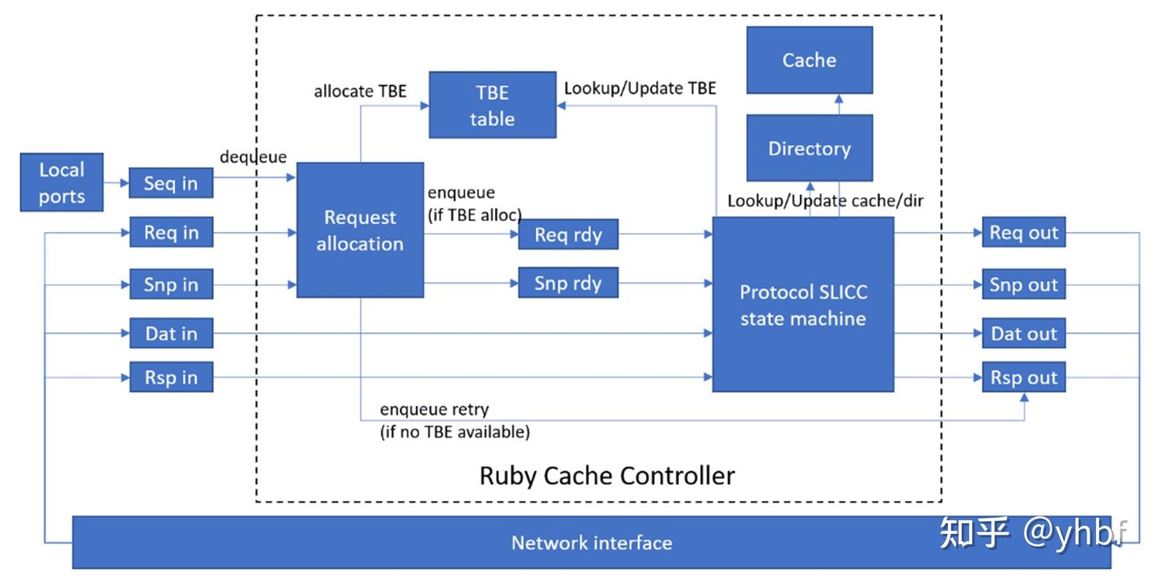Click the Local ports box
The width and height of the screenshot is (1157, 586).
(62, 182)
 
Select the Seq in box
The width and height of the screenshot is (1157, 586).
(171, 183)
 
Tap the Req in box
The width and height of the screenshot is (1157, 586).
(171, 233)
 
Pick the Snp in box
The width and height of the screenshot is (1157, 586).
(171, 284)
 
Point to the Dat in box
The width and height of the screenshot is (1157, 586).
(171, 333)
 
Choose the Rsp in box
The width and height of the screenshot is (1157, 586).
(171, 377)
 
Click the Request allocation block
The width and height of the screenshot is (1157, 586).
(360, 230)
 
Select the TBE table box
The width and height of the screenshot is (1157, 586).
(492, 105)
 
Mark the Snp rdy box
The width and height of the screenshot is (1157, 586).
(568, 283)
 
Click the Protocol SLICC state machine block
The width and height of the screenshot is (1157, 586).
(803, 304)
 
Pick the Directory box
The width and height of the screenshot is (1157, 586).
(809, 149)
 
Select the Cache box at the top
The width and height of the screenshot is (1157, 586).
(809, 60)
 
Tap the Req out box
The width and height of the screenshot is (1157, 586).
(1024, 233)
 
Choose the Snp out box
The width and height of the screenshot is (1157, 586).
(1024, 284)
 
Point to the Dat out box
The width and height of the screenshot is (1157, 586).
(1024, 333)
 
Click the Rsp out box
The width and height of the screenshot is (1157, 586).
(1024, 377)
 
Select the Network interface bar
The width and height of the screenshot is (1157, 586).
(591, 543)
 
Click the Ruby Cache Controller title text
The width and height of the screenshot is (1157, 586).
(607, 475)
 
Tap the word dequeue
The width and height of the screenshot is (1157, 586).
(253, 157)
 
